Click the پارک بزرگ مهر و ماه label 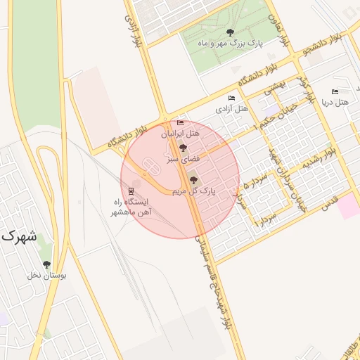pyautogui.click(x=230, y=44)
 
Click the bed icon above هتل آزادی pyautogui.click(x=231, y=98)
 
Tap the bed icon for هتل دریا pyautogui.click(x=335, y=91)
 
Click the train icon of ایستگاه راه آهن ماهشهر pyautogui.click(x=131, y=191)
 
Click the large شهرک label pyautogui.click(x=18, y=236)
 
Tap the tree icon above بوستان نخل pyautogui.click(x=46, y=264)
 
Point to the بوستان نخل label pyautogui.click(x=47, y=276)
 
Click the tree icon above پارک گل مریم pyautogui.click(x=194, y=180)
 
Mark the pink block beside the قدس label pyautogui.click(x=347, y=208)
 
